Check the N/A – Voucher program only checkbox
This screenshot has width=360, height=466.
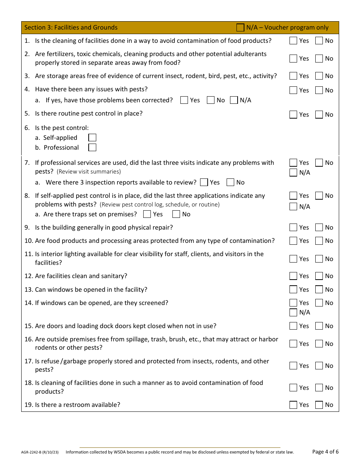coord(240,28)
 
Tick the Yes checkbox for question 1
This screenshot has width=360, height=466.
coord(293,41)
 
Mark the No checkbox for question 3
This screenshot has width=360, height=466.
coord(319,76)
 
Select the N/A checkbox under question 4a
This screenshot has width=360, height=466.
coord(234,100)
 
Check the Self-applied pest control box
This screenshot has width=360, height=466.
coord(92,138)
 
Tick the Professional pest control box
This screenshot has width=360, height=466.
coord(92,148)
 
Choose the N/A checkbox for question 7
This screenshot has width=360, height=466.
coord(293,173)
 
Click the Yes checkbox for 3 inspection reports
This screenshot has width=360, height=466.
coord(204,183)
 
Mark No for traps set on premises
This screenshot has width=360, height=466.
coord(176,214)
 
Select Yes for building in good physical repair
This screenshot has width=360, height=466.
coord(293,228)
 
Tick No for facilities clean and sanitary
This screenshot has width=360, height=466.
coord(319,276)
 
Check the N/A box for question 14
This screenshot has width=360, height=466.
coord(293,313)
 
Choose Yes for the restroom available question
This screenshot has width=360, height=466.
coord(293,405)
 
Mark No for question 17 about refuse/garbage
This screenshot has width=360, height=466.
coord(319,366)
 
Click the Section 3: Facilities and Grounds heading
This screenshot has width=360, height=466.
coord(71,28)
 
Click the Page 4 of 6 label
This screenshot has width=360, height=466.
coord(325,452)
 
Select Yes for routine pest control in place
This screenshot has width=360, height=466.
coord(293,115)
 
